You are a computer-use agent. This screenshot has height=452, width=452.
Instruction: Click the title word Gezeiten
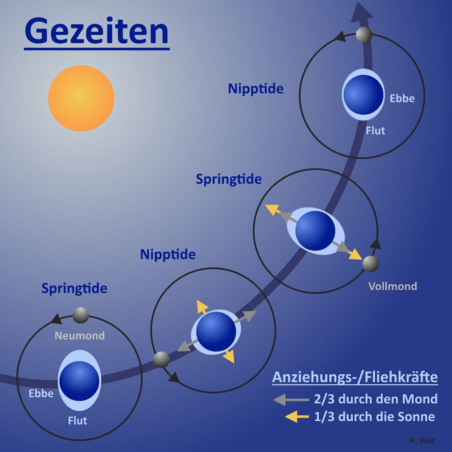click(96, 31)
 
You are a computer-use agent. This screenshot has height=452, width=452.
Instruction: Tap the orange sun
click(81, 98)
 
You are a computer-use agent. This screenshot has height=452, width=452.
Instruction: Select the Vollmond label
click(392, 286)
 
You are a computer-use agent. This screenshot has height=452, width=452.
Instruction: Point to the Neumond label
click(80, 336)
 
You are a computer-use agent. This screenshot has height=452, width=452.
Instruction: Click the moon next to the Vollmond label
click(371, 264)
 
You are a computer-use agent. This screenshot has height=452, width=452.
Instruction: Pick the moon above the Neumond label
click(81, 315)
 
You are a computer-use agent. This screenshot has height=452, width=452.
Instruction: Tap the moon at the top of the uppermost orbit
click(364, 34)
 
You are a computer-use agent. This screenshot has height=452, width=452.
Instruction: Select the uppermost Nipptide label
click(255, 89)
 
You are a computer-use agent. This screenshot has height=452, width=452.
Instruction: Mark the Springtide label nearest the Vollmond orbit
click(229, 179)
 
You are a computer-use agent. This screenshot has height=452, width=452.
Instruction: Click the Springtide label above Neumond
click(74, 288)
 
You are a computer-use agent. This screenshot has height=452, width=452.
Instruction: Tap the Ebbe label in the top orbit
click(402, 98)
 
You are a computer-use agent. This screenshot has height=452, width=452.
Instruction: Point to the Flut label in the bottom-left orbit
click(77, 420)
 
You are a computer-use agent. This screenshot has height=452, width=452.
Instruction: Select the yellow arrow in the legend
click(290, 417)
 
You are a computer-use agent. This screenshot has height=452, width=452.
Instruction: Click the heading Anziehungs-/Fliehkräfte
click(355, 377)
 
